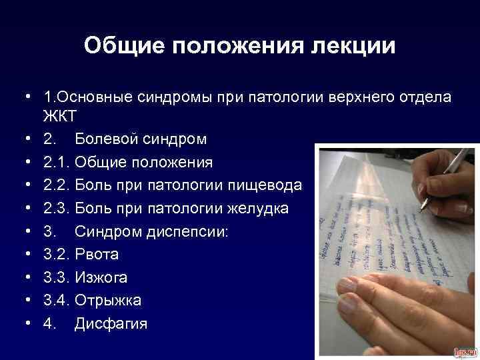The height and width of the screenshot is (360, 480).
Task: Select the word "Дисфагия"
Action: (111, 324)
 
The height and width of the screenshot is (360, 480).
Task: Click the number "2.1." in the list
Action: (57, 163)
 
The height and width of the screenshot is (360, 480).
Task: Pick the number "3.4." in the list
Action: (57, 301)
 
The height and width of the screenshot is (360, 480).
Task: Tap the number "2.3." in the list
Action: (57, 209)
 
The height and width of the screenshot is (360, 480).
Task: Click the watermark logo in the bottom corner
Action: (465, 351)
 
